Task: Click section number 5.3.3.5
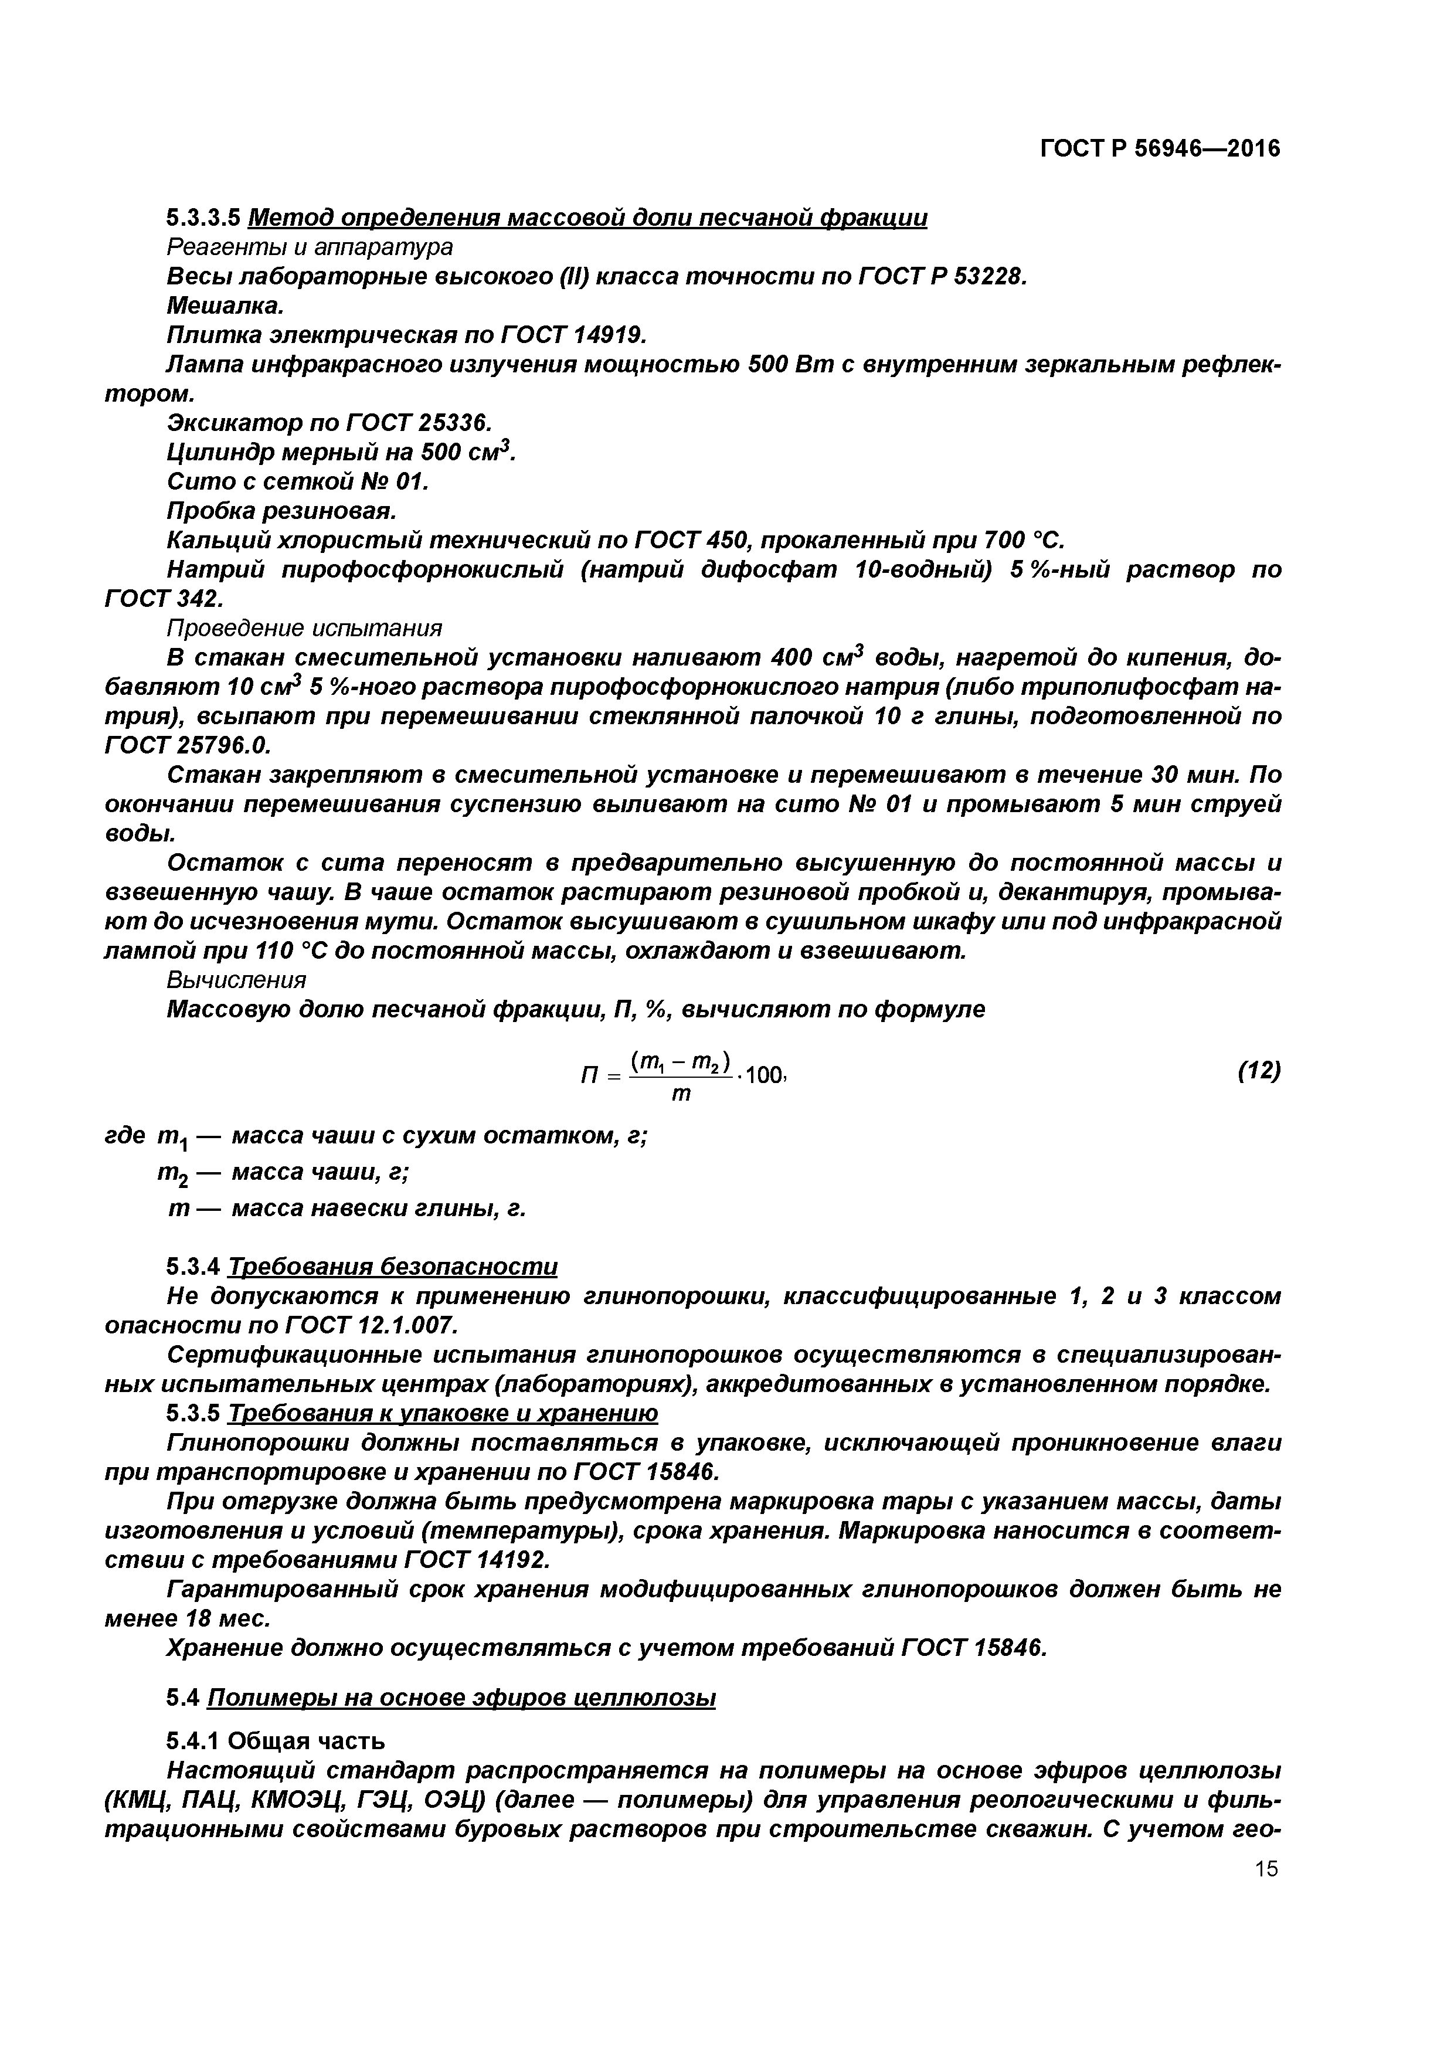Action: tap(203, 218)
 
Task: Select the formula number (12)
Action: tap(1258, 1071)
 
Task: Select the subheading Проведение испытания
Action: tap(305, 627)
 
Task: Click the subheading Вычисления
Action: tap(236, 979)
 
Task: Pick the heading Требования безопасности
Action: tap(392, 1267)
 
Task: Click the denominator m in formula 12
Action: tap(681, 1095)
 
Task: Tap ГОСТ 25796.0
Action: tap(187, 745)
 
